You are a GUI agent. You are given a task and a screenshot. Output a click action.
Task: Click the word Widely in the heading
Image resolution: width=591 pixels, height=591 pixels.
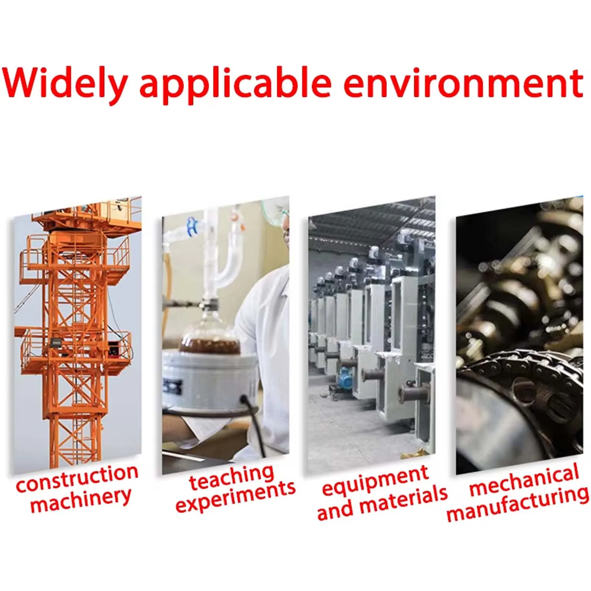(x=65, y=83)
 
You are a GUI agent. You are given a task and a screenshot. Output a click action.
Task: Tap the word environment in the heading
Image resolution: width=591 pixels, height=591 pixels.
(x=464, y=83)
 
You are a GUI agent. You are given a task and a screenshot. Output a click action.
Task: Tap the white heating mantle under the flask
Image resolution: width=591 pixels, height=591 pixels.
(x=210, y=380)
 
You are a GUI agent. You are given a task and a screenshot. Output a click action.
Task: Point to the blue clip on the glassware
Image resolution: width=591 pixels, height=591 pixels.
(x=192, y=226)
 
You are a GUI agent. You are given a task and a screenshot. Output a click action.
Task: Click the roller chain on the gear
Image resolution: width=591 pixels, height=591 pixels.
(x=525, y=366)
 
